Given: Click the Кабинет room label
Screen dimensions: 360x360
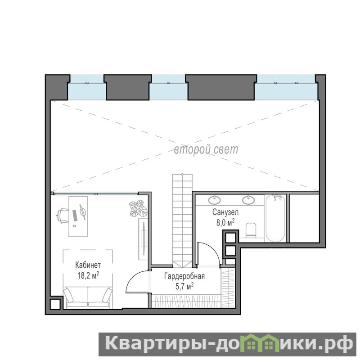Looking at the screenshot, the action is pos(88,265).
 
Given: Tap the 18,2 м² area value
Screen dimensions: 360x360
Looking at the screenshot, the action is pos(88,275).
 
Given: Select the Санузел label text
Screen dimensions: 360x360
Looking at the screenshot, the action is pos(225,212).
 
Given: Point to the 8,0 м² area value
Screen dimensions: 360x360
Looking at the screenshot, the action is pos(225,222).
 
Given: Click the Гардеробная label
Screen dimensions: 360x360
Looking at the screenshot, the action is pos(184,276).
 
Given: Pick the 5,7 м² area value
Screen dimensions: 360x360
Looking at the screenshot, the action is pos(184,286).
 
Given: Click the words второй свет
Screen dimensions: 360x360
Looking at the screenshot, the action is pos(206,150).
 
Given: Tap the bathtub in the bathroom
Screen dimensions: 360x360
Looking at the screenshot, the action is pos(275,218).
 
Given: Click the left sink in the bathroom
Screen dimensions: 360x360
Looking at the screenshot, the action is pos(215,199).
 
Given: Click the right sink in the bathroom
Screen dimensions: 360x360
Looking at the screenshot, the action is pos(248,199).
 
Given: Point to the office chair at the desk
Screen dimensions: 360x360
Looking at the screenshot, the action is pos(62,216).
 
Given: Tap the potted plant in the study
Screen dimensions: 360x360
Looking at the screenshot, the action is pos(138,208).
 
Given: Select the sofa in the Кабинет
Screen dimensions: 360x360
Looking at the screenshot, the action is pos(88,298).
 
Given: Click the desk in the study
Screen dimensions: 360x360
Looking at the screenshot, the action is pos(78,216).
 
